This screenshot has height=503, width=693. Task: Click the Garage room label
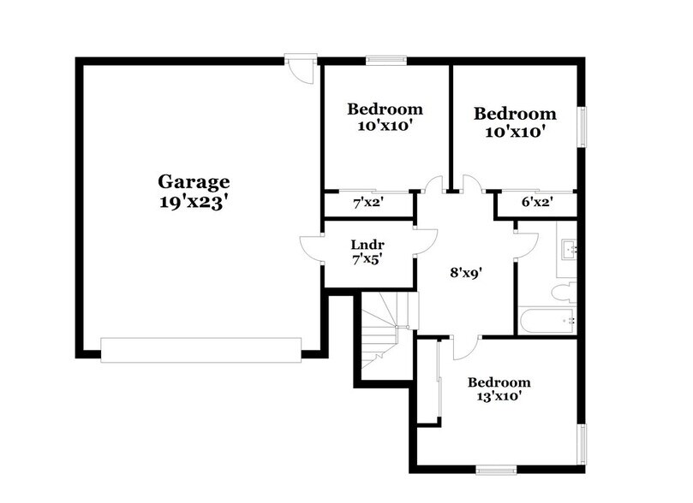click(194, 181)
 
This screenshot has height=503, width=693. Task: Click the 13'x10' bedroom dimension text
click(498, 396)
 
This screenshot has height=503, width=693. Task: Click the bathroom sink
click(570, 249)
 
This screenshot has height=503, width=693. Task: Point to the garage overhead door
click(201, 348)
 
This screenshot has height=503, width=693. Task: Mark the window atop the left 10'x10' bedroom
click(385, 60)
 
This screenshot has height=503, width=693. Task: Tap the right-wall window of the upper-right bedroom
click(582, 127)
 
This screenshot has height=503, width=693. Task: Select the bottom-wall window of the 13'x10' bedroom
click(496, 468)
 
